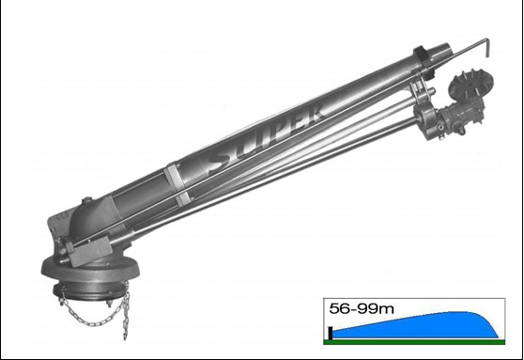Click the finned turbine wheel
click(x=466, y=83)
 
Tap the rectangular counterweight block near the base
click(x=89, y=251)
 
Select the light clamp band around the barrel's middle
click(x=177, y=183)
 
